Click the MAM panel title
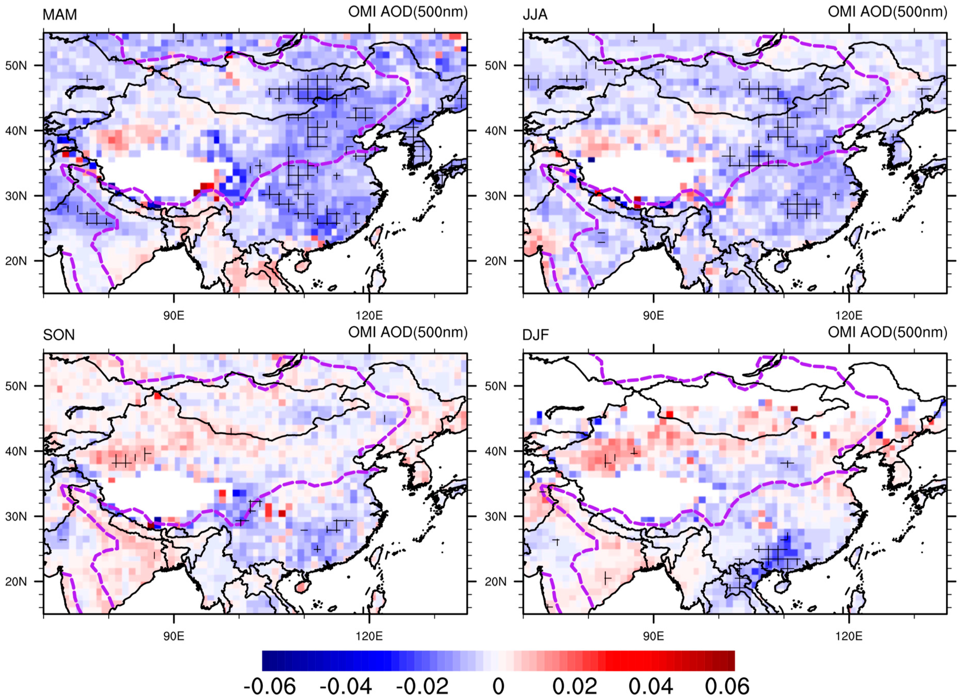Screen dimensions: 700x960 point(60,15)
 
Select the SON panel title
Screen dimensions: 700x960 point(59,335)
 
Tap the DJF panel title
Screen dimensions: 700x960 point(536,335)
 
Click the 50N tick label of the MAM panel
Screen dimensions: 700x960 point(16,66)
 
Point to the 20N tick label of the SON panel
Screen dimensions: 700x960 point(16,582)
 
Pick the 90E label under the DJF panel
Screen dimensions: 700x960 point(653,636)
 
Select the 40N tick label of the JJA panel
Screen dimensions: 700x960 point(496,131)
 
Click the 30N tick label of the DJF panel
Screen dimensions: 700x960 point(496,516)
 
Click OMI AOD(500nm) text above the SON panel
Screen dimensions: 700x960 point(408,333)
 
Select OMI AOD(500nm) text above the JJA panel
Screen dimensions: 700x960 point(887,12)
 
